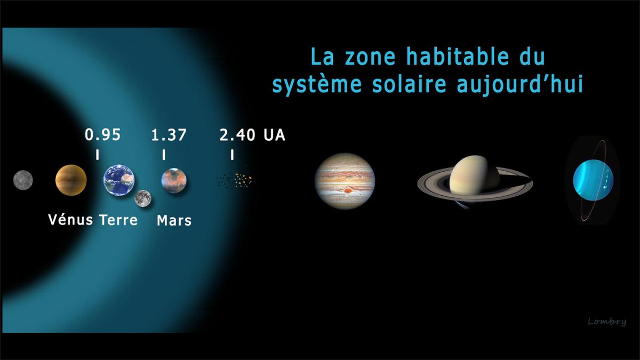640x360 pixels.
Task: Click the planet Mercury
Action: point(23,180)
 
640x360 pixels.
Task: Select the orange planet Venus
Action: point(71,180)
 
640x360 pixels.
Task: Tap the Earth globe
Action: point(119,180)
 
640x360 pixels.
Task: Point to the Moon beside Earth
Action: point(143,198)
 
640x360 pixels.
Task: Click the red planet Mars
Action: point(174,181)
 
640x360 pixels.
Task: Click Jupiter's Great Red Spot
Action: point(348,190)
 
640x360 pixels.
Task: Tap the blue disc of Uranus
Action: point(593,180)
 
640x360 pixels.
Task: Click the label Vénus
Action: point(70,220)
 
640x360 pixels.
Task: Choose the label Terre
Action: point(118,220)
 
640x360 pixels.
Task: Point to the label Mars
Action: point(174,221)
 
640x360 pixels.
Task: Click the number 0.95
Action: point(103,135)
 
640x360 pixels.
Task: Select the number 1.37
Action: point(169,135)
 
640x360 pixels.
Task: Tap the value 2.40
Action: point(237,135)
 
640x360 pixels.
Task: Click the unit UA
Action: point(274,135)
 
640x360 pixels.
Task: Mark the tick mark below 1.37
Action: point(164,155)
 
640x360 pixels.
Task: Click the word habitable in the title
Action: point(458,57)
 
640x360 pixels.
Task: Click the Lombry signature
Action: point(607,322)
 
